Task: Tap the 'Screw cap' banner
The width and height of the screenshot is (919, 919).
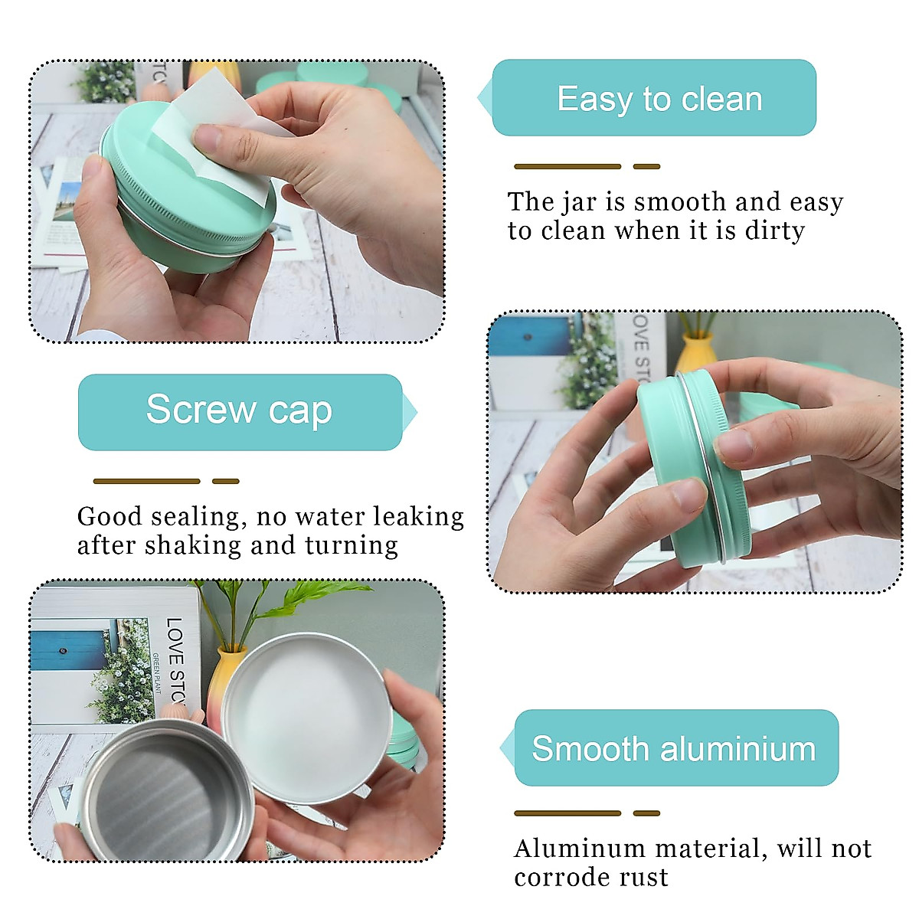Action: (x=240, y=411)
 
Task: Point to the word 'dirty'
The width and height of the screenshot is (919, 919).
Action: (x=774, y=231)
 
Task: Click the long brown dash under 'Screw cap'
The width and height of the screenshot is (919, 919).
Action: (x=146, y=481)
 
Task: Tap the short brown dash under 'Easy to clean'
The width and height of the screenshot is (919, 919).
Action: (x=646, y=166)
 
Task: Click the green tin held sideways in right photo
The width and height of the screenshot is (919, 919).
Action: (x=689, y=467)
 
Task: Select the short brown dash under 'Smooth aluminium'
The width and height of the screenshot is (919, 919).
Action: (x=646, y=813)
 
